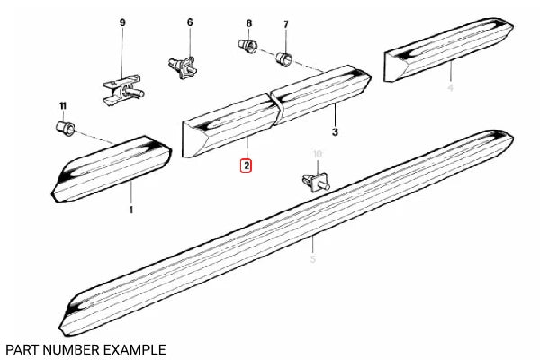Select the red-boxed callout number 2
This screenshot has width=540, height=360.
pos(246,166)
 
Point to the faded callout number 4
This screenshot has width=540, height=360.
pos(450,88)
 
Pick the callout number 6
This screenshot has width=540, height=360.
pos(190,21)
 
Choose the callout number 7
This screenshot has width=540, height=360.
pos(285,23)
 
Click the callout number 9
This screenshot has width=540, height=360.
pos(122,21)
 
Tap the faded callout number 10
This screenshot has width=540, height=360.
pos(317,154)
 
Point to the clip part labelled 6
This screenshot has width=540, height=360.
pos(184,65)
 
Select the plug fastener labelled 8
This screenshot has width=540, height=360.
pos(247,44)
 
